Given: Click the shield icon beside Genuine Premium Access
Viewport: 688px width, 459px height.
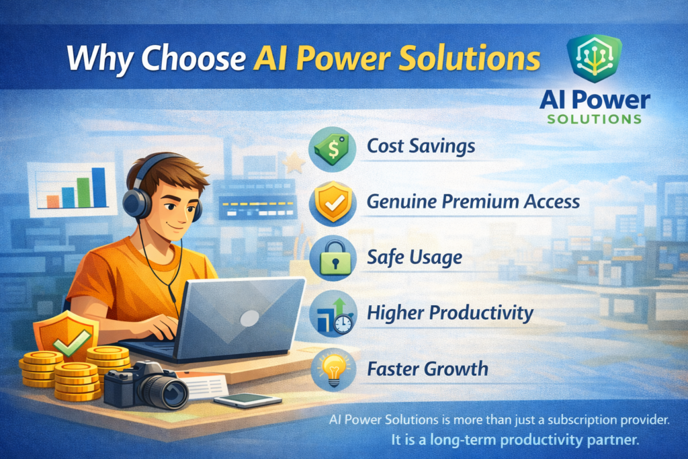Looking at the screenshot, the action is tap(333, 202).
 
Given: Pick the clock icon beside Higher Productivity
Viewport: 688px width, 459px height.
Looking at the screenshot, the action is tap(343, 324).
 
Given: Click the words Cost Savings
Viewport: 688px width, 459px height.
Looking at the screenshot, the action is tap(421, 146).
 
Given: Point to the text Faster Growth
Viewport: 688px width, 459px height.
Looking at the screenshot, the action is tap(427, 368).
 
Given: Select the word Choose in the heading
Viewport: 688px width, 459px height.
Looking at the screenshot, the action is tap(193, 58).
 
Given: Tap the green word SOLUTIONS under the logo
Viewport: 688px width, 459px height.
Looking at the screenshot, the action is tap(595, 119).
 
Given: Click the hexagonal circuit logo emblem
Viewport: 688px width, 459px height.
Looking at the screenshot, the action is tap(595, 58).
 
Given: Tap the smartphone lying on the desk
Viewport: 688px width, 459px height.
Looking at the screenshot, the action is tap(247, 399).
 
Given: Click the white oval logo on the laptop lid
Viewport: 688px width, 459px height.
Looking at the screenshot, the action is tap(250, 318).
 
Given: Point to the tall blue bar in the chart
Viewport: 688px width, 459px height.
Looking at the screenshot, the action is tap(99, 187).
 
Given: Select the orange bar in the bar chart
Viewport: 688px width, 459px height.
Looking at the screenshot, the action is tap(52, 202).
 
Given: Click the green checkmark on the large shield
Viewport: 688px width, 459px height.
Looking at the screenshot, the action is tap(72, 342).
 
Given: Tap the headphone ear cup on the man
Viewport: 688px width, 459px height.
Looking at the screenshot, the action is tap(136, 203).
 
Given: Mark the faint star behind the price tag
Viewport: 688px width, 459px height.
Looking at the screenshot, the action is tap(294, 163).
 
